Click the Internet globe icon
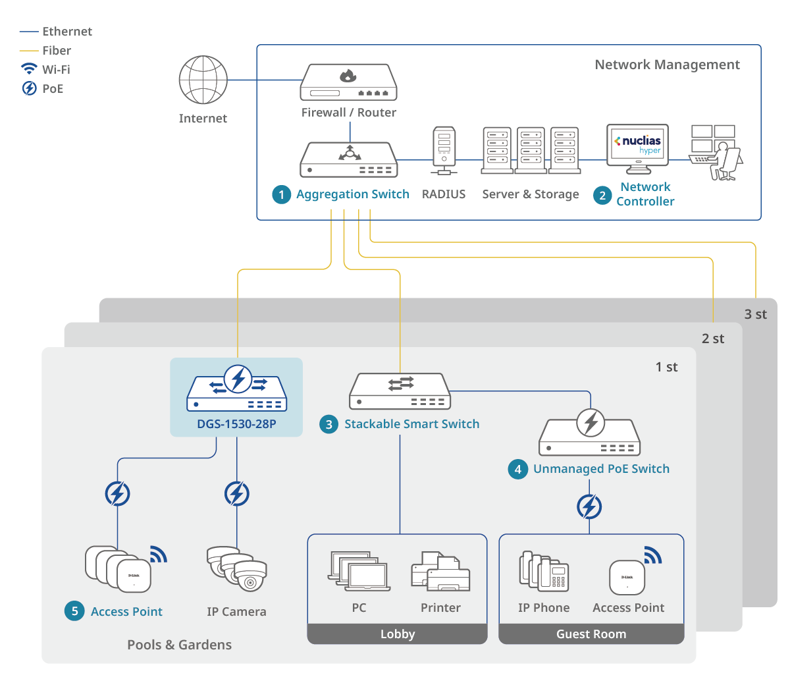point(203,80)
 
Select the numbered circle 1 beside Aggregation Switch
point(282,194)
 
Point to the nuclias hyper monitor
point(637,146)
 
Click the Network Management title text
point(667,65)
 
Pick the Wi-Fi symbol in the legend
point(29,69)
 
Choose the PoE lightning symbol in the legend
point(29,88)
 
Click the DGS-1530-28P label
point(236,424)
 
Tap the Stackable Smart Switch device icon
point(400,391)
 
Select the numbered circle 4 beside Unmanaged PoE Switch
point(518,469)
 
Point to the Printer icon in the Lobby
point(440,571)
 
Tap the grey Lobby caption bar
point(398,634)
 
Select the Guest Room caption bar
point(591,634)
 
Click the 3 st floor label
point(755,314)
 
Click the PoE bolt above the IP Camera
point(237,494)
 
